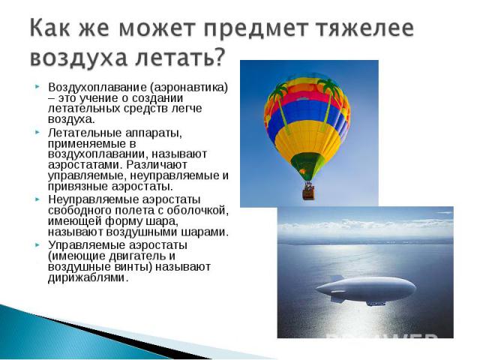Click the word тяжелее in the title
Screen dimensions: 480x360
click(x=365, y=28)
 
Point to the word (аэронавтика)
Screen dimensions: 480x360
click(x=189, y=88)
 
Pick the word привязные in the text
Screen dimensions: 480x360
click(x=78, y=186)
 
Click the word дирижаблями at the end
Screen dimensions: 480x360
click(x=87, y=277)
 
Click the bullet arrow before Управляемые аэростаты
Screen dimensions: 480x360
click(x=37, y=245)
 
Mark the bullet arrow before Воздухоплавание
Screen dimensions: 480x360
click(x=37, y=87)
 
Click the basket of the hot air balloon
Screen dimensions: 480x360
click(x=308, y=193)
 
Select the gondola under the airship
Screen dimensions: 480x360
click(x=375, y=303)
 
